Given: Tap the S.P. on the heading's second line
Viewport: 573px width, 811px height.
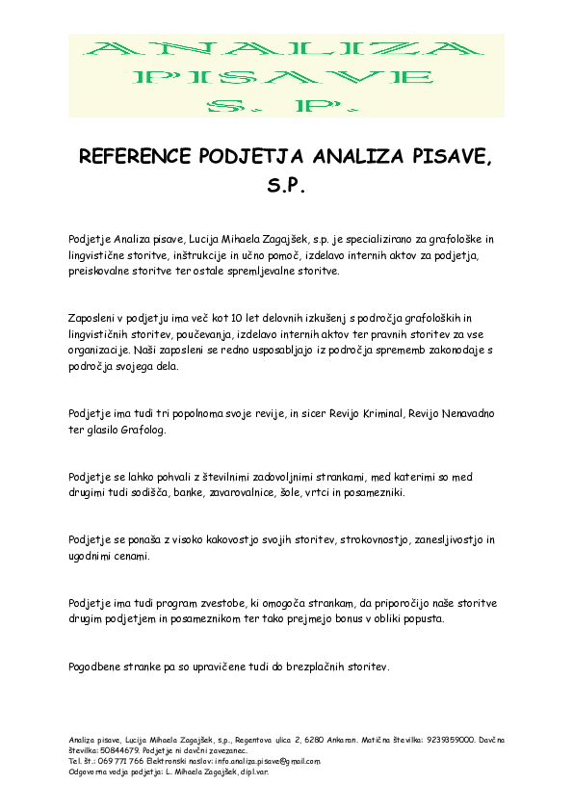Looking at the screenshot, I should click(x=286, y=184).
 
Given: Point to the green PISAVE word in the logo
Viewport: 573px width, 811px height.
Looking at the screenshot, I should click(x=286, y=75).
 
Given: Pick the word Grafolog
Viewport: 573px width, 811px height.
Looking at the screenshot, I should click(x=143, y=430).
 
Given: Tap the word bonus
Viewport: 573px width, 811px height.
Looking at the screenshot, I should click(x=346, y=619).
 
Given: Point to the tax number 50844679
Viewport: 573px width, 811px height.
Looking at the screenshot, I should click(x=119, y=749).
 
